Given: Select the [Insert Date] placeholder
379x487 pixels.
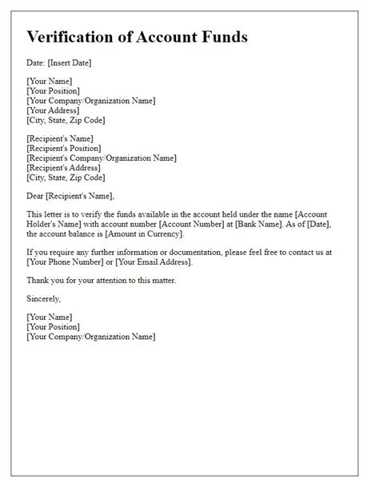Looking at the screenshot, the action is [x=71, y=62].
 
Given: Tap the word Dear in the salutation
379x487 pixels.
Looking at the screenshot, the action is [x=37, y=196].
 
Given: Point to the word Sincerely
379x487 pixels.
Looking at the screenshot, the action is [x=44, y=298].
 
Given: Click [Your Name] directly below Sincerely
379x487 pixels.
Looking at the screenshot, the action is [x=49, y=317].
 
